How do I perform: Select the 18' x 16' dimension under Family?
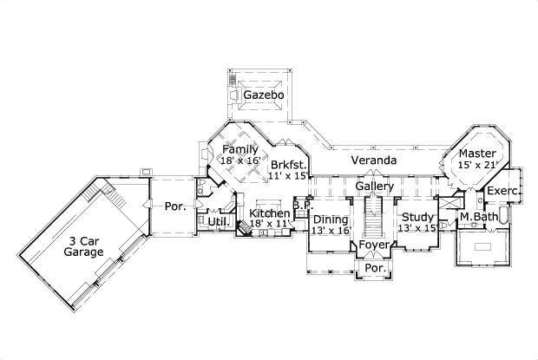point(240,161)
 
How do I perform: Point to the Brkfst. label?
point(287,164)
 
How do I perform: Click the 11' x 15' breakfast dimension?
point(288,175)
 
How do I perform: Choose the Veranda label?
point(374,161)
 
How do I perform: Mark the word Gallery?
point(375,187)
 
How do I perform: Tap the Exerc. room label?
point(502,191)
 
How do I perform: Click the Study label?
point(417,217)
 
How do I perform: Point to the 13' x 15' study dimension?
point(417,228)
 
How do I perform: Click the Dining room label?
point(331,219)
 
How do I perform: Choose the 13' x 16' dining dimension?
point(331,231)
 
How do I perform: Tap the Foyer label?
point(375,245)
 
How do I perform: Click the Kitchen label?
point(270,213)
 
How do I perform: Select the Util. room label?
point(217,223)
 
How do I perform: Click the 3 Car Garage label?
point(84,245)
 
